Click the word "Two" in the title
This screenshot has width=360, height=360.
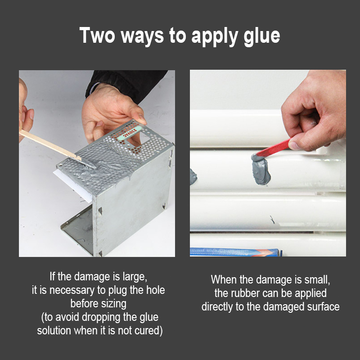97,36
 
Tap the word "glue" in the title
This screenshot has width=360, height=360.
262,37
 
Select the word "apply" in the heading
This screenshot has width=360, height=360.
215,37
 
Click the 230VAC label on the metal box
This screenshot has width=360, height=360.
130,133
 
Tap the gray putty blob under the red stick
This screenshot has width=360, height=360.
261,169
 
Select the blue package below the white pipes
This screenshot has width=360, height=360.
236,252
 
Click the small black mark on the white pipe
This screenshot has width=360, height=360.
272,220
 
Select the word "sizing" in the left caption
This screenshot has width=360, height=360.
114,304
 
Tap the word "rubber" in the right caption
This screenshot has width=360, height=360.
245,293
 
